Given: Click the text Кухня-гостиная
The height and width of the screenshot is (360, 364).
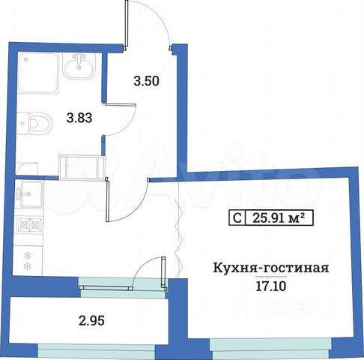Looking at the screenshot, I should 272,268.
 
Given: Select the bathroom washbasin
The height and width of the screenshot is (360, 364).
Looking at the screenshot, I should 79,67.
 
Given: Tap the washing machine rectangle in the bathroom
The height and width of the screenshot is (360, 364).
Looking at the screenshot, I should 83,164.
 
